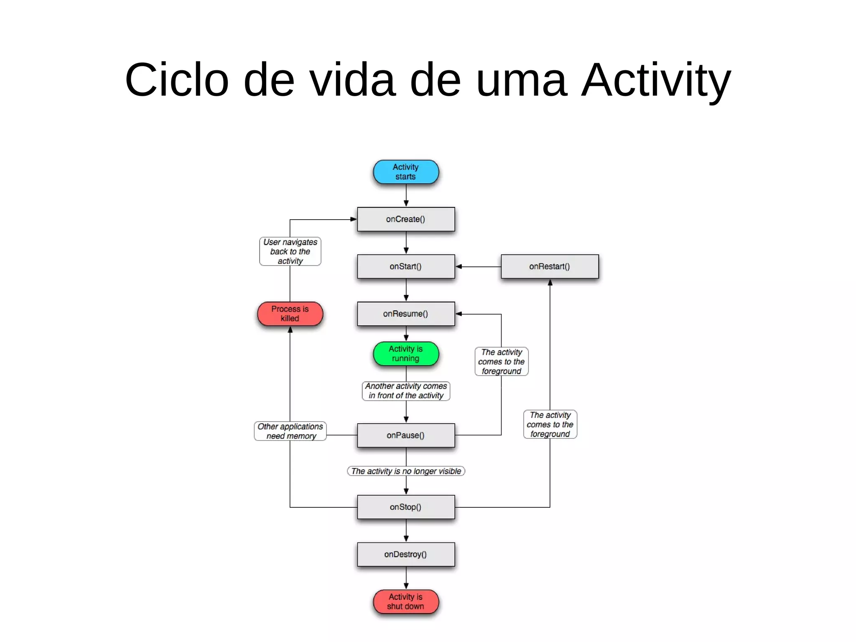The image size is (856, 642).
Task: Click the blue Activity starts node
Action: point(405,172)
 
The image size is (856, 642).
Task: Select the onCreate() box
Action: point(405,219)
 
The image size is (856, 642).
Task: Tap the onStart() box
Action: point(405,266)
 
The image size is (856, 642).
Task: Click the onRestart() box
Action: point(549,266)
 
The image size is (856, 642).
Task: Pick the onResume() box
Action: point(405,314)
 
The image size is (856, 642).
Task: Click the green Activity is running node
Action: point(405,353)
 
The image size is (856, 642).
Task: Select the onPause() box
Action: point(405,435)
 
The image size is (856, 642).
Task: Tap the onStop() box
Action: point(405,507)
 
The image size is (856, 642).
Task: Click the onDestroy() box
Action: point(405,554)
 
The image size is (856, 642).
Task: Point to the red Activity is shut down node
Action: point(405,601)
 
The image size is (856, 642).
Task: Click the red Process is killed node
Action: point(290,314)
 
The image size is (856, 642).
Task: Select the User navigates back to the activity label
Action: point(290,251)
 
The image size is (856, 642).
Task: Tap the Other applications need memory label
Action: point(290,431)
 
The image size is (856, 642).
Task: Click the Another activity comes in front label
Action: point(405,391)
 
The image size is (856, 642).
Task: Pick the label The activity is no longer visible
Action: point(405,471)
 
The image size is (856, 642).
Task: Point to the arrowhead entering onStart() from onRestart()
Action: point(459,266)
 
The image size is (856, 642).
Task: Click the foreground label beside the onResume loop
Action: point(501,362)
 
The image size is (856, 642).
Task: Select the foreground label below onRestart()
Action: point(550,425)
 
